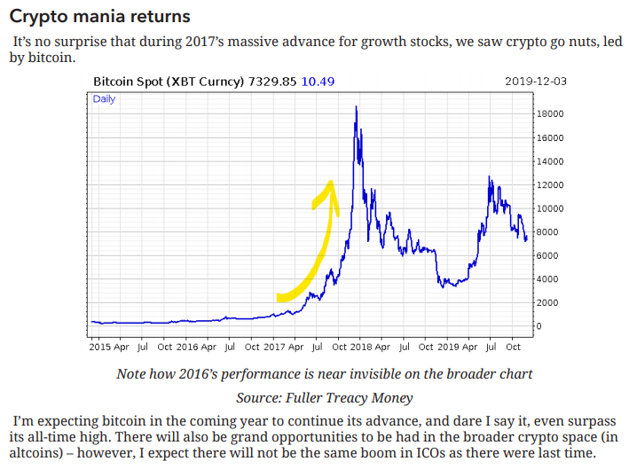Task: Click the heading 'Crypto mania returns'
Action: [x=99, y=16]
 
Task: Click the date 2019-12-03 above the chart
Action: [x=536, y=82]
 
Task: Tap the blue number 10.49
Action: [x=318, y=82]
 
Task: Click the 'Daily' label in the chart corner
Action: [x=104, y=99]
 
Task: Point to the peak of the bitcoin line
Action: [x=356, y=107]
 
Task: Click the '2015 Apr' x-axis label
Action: [x=109, y=348]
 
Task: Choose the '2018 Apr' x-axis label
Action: [x=364, y=348]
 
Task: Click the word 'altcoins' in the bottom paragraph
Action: [x=37, y=453]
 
